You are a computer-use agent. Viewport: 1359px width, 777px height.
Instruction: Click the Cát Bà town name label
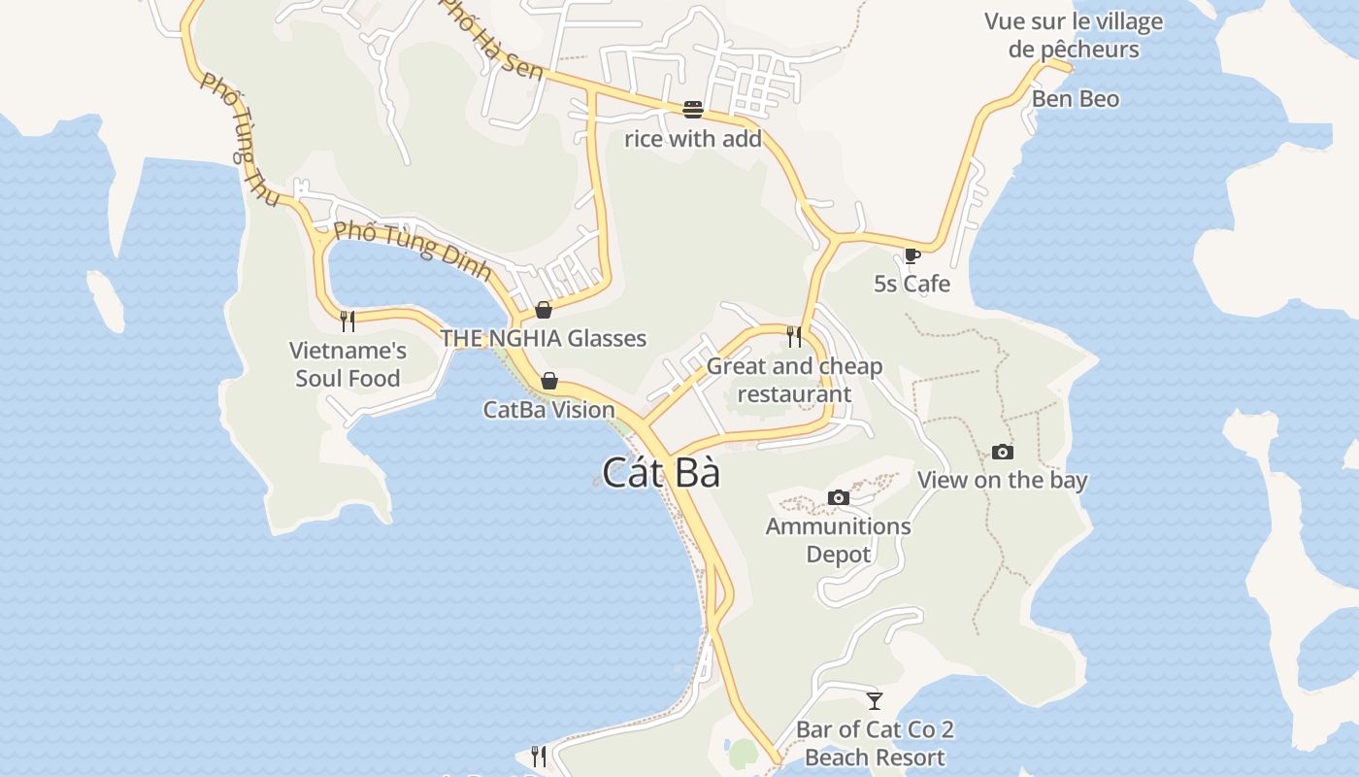point(661,473)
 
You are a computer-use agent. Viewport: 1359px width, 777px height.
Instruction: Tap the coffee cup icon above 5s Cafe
point(912,256)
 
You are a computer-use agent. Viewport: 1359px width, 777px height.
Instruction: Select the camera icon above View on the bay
point(1003,452)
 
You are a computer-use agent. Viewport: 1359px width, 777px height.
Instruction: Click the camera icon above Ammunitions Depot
point(839,497)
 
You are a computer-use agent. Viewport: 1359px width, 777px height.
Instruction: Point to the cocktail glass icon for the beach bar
point(875,700)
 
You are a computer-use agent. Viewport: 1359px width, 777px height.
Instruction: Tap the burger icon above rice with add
point(692,109)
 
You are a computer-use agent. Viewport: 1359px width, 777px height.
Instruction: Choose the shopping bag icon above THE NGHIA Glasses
point(544,310)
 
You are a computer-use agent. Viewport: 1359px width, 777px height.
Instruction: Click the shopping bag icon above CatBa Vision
point(549,381)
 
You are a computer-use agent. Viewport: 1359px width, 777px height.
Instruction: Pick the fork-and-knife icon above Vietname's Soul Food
point(348,321)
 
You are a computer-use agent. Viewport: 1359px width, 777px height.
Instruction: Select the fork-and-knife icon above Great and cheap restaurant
point(795,337)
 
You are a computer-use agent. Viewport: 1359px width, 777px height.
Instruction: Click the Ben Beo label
point(1075,99)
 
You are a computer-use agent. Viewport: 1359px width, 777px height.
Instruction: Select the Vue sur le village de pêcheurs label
point(1074,35)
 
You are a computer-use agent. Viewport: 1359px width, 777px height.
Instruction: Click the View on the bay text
point(1003,480)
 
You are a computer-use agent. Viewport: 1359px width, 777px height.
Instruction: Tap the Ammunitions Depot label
point(839,540)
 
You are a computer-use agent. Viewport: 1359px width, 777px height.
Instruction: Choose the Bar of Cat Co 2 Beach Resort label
point(875,743)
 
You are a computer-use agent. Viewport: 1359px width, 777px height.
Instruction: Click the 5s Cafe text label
point(912,284)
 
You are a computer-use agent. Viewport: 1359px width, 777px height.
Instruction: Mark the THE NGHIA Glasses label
point(544,338)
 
